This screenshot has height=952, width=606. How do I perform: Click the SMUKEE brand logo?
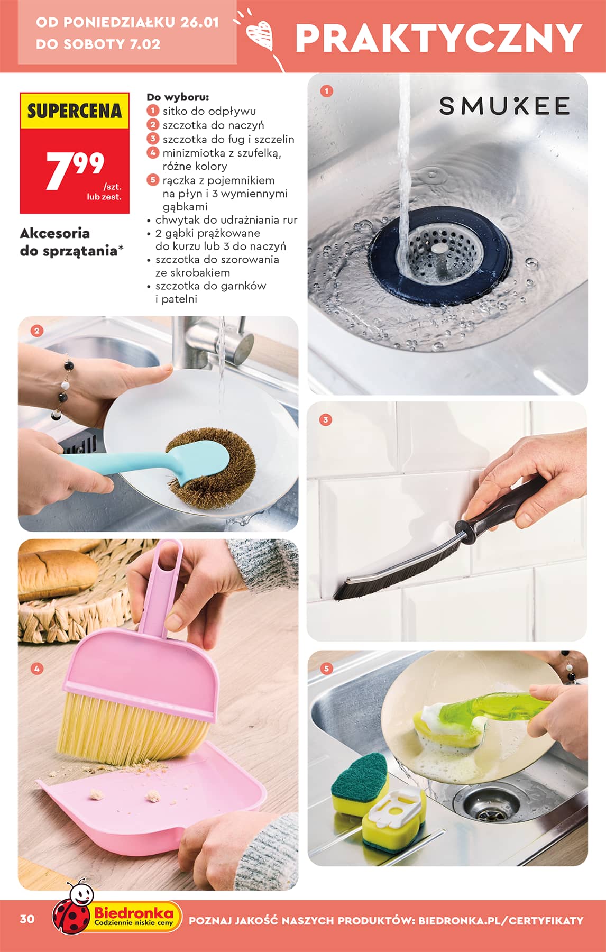point(504,106)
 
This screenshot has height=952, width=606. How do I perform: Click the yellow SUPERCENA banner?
point(75,111)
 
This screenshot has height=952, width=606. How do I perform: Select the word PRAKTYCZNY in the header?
point(438,38)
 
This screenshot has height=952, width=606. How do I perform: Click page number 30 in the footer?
point(27,919)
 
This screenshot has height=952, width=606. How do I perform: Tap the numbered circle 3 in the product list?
point(153,139)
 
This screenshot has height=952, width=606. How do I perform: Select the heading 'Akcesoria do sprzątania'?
point(68,242)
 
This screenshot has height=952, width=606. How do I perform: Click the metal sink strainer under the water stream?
point(438,249)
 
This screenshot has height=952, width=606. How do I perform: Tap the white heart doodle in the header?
point(261,34)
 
